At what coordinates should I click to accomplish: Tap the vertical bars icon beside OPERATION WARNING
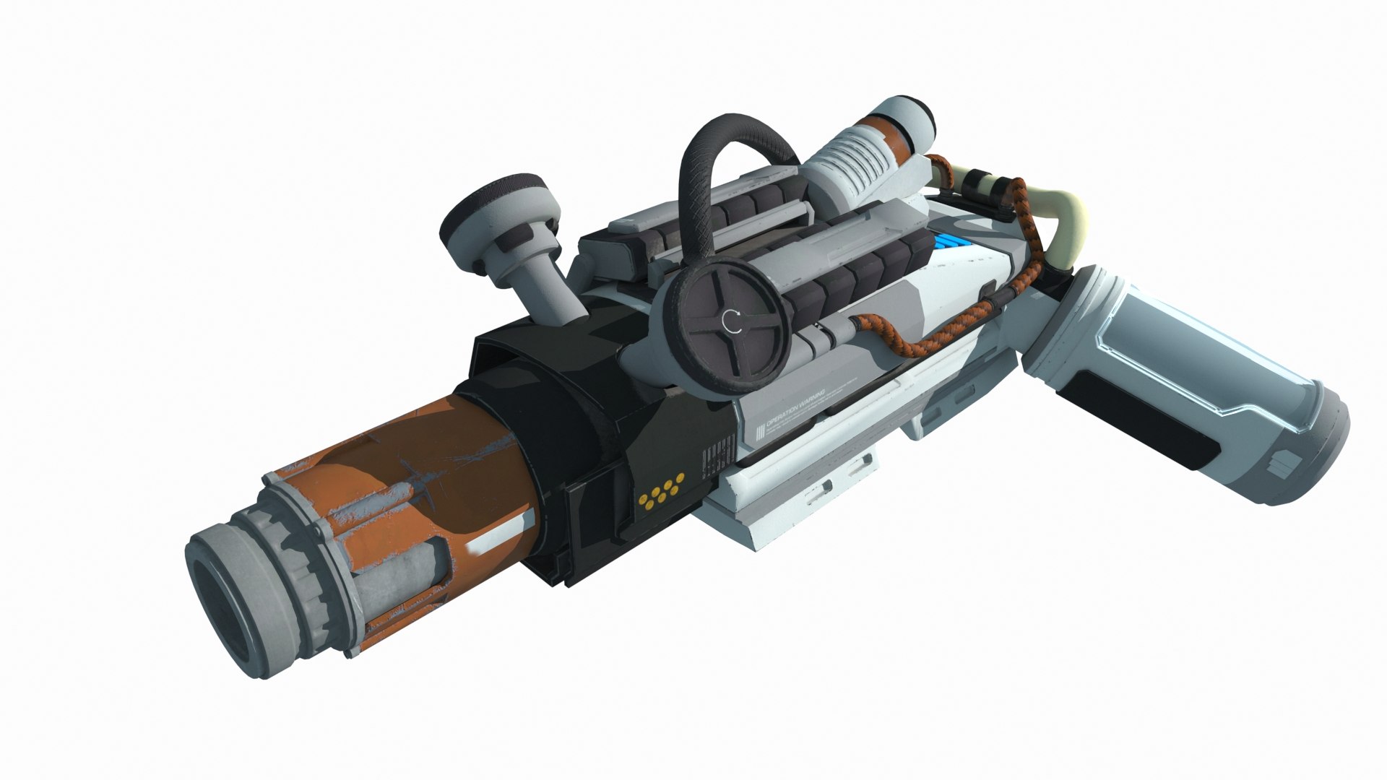(759, 433)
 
